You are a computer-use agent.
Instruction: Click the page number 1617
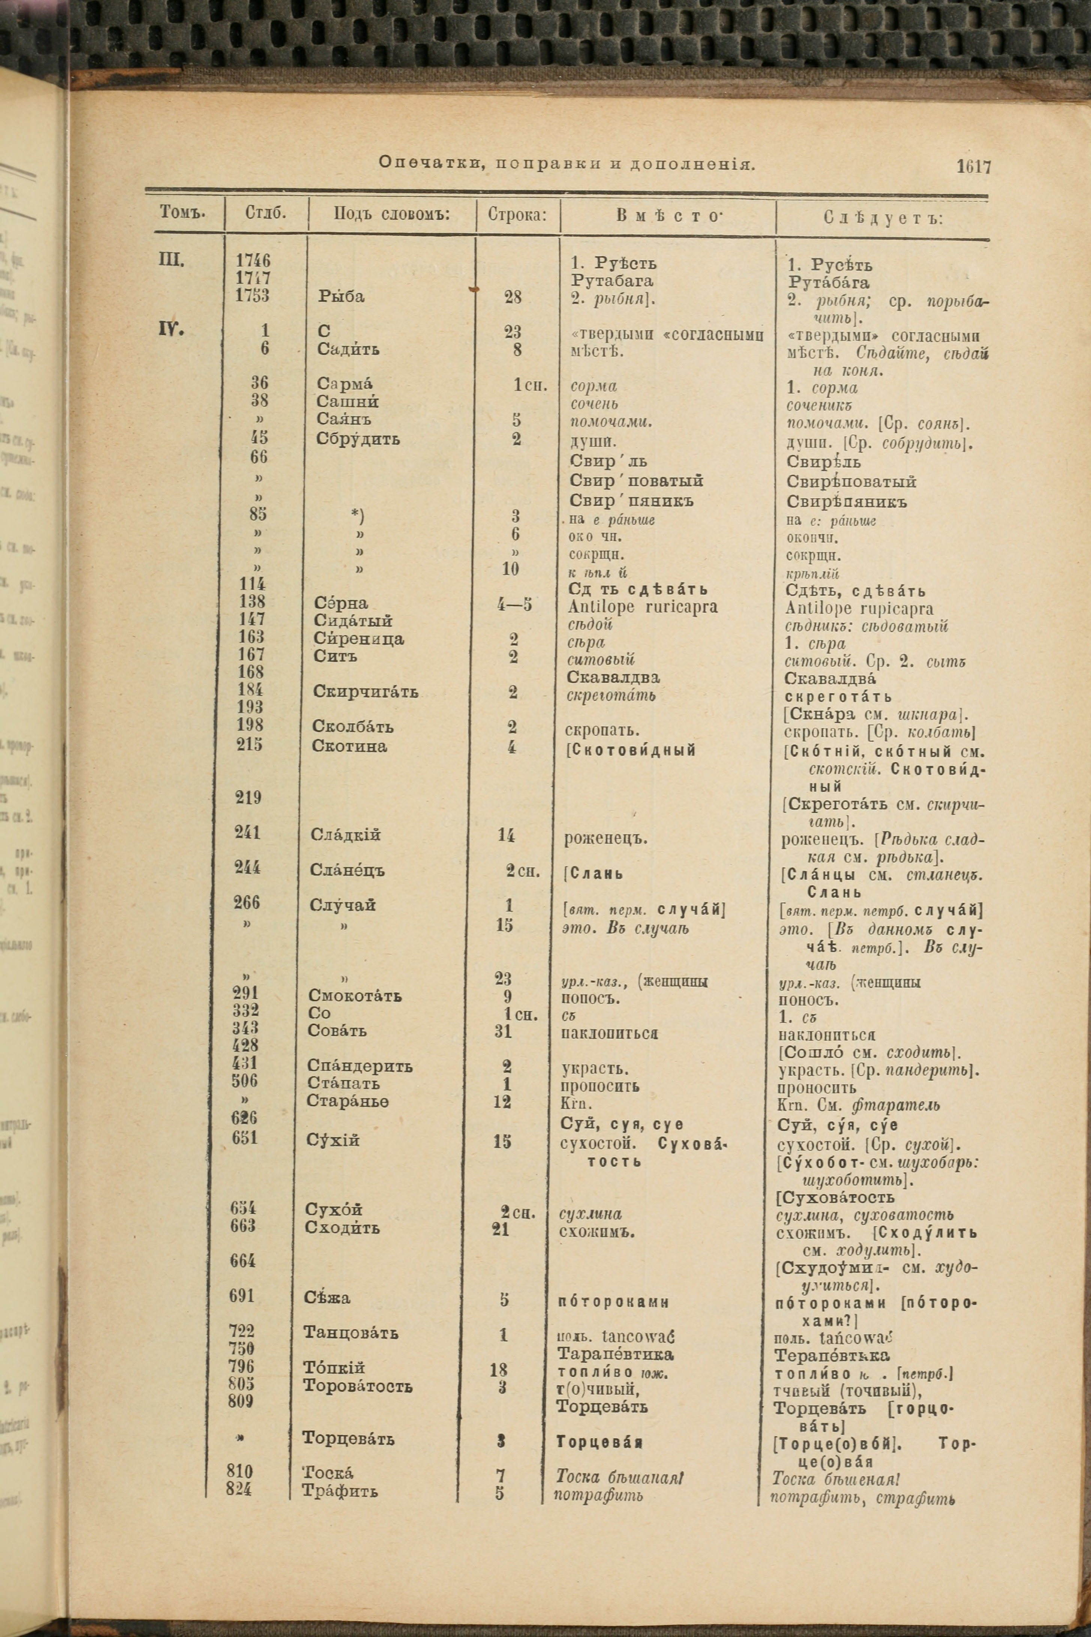tap(973, 166)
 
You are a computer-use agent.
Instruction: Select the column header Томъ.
tap(182, 212)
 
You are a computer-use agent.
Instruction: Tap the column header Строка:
tap(517, 214)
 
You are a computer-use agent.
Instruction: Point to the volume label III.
tap(171, 261)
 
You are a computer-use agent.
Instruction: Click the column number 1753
tap(252, 295)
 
